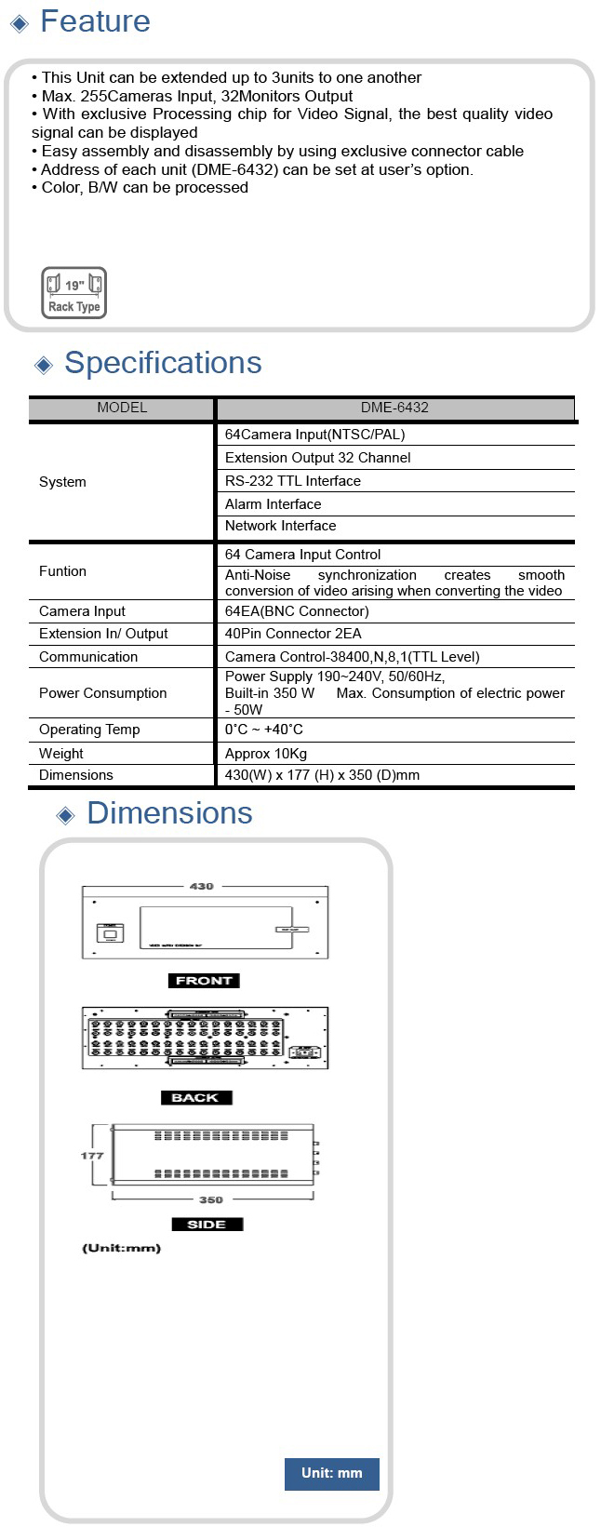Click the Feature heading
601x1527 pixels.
(95, 21)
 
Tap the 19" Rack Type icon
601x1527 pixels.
(73, 293)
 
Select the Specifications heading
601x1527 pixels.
(163, 363)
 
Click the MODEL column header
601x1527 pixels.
(122, 408)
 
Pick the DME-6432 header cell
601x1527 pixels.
(394, 408)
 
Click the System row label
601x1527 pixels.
(62, 482)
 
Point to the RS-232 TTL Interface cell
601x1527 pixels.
(293, 481)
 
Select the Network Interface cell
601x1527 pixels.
(281, 526)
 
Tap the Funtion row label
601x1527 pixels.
(62, 571)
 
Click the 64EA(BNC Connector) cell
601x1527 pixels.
(297, 611)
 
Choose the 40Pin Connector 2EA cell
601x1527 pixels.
(293, 634)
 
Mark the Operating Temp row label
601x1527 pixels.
(89, 730)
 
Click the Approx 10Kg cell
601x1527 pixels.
(266, 754)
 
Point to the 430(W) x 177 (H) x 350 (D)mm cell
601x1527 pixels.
(322, 775)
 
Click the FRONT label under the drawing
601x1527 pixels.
(204, 981)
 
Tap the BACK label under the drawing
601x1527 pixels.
(195, 1098)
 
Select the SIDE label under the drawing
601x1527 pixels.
(207, 1225)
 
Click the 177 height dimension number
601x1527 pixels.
(92, 1156)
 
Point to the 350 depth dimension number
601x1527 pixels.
(211, 1200)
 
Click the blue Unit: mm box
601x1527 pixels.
(331, 1473)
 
